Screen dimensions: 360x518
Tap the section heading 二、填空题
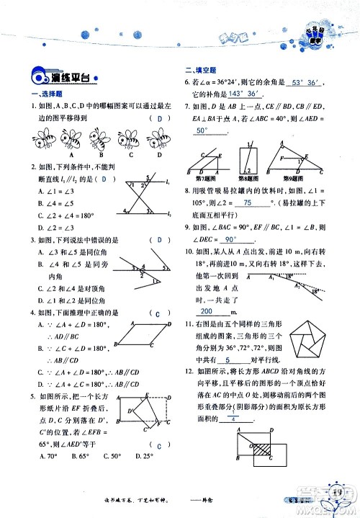tap(199, 70)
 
